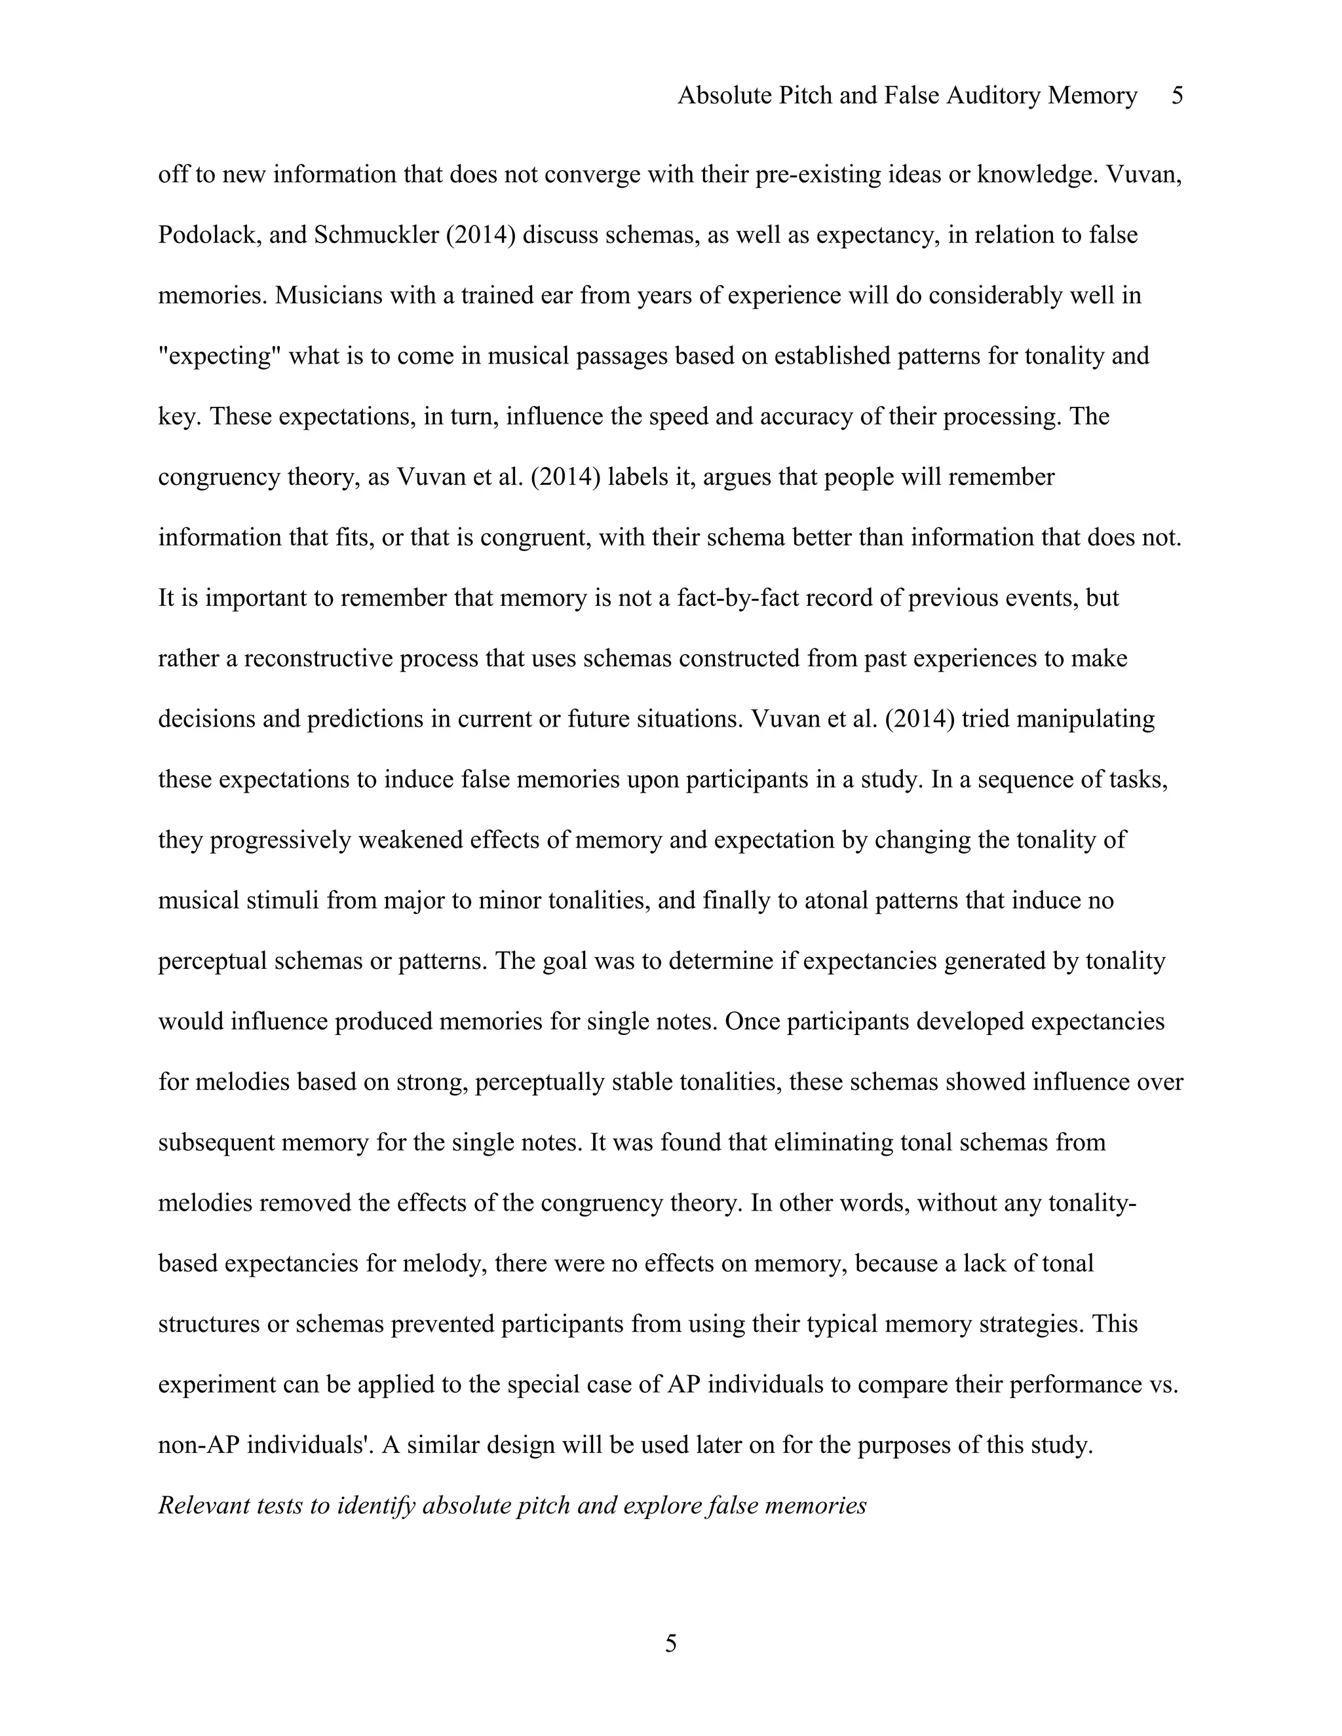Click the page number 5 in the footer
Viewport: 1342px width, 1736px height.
point(670,1643)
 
